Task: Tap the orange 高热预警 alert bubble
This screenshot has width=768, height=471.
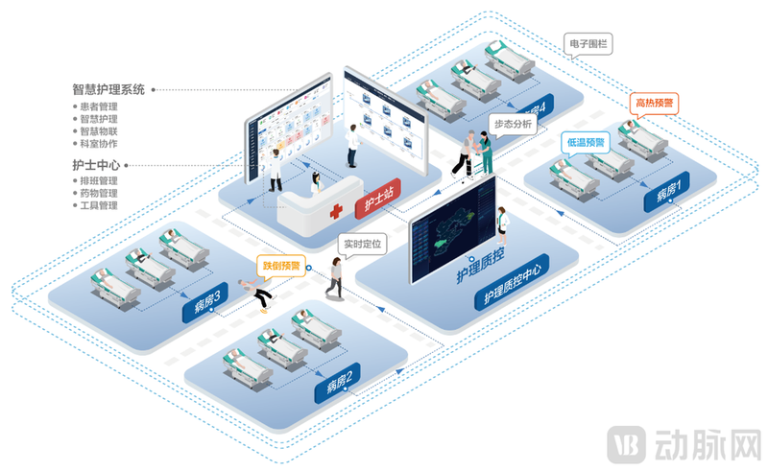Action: (655, 102)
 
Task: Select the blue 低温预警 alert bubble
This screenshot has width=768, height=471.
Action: (586, 142)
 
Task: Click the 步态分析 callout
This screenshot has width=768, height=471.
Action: (513, 124)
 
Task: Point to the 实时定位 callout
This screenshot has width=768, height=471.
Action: (363, 244)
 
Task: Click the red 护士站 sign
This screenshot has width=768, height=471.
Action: (376, 202)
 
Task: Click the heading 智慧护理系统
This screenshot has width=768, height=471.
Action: (108, 89)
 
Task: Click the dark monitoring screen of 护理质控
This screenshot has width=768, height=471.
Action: (452, 231)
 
